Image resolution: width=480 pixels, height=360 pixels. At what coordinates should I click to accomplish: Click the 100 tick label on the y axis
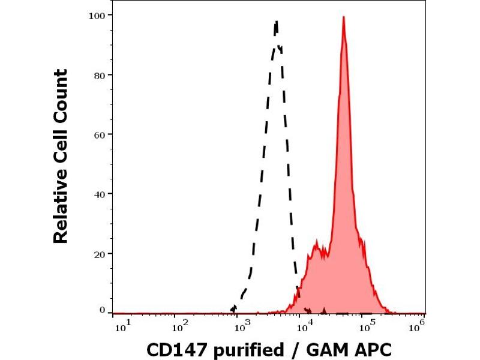tap(98, 15)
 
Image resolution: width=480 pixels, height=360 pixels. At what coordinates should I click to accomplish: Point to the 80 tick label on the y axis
tap(100, 75)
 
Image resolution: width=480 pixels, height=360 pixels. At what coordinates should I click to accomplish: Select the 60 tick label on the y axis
tap(100, 134)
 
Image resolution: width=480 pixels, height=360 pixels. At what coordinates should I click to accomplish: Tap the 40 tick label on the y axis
tap(100, 194)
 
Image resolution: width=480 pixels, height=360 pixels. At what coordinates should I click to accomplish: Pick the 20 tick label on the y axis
tap(100, 253)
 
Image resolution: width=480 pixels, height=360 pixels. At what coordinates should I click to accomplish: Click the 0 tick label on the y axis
tap(103, 310)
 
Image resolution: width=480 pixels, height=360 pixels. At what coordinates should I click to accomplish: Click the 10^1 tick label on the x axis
tap(119, 327)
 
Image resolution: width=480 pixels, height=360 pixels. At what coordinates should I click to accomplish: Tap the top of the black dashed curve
tap(277, 22)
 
